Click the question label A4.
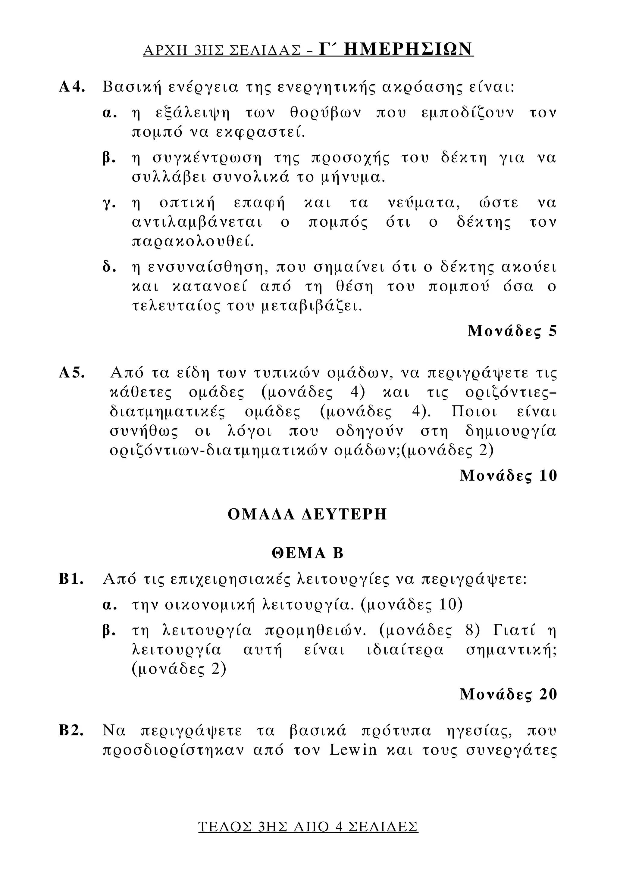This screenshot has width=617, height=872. point(72,87)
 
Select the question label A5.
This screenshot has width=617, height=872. point(72,373)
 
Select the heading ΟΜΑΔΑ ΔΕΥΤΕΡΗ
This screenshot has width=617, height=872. point(307,514)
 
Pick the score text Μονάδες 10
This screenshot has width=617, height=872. point(508,476)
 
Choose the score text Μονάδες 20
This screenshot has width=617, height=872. point(508,695)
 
